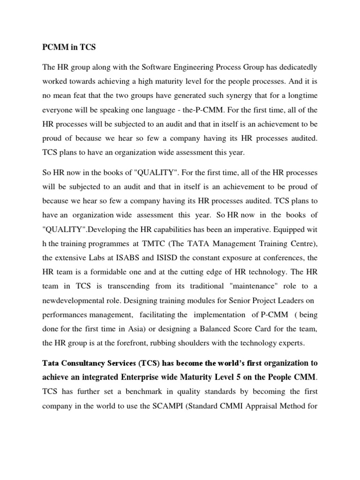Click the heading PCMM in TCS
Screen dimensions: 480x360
[67, 47]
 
